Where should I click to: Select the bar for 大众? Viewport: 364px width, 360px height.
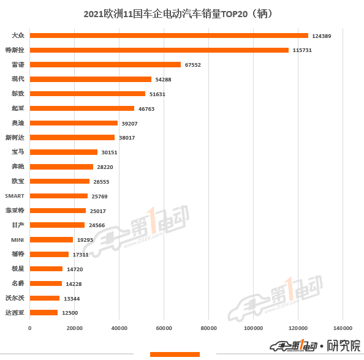[x=169, y=36]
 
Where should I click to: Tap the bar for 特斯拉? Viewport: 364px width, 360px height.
[x=159, y=50]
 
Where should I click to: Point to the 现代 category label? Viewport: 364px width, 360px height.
[x=18, y=79]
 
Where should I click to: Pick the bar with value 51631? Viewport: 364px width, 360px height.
[x=88, y=94]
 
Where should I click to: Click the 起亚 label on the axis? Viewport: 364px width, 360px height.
[x=18, y=108]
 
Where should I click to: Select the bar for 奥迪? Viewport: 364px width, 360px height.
[x=74, y=123]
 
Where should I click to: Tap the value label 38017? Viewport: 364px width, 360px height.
[x=127, y=138]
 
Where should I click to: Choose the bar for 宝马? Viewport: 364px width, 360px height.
[x=64, y=152]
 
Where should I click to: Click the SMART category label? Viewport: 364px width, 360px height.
[x=15, y=196]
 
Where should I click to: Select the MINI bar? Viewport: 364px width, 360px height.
[x=51, y=239]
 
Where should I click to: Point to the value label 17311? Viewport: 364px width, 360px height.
[x=82, y=254]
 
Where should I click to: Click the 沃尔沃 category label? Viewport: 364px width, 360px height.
[x=15, y=298]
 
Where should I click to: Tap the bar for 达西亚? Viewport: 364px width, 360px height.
[x=44, y=312]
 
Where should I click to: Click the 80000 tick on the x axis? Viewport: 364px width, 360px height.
[x=209, y=329]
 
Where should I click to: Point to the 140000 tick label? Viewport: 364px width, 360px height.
[x=343, y=329]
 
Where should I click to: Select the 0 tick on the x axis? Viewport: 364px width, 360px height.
[x=30, y=329]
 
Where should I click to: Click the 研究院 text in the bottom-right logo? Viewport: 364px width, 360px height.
[x=344, y=346]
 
